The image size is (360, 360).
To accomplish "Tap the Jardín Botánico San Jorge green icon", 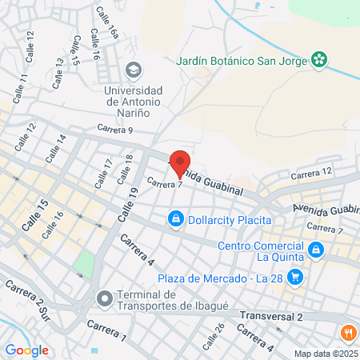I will [x=320, y=58].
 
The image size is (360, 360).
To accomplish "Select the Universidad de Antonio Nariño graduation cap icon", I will [x=133, y=70].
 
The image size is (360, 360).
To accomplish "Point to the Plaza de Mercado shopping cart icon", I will [x=296, y=277].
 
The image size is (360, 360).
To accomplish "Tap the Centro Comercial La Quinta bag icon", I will [x=316, y=250].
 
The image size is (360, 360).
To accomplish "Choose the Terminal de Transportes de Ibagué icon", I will [x=104, y=299].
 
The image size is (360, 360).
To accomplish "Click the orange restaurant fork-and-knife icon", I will [x=349, y=333].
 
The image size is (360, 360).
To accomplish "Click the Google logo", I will [x=26, y=350].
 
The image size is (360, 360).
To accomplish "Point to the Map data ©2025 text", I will [x=324, y=353].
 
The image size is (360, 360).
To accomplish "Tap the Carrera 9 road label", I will [x=115, y=130].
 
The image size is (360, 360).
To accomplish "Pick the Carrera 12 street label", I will [x=310, y=174].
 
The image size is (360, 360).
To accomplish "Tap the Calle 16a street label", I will [x=106, y=23].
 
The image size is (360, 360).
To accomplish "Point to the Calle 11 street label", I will [x=21, y=84].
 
